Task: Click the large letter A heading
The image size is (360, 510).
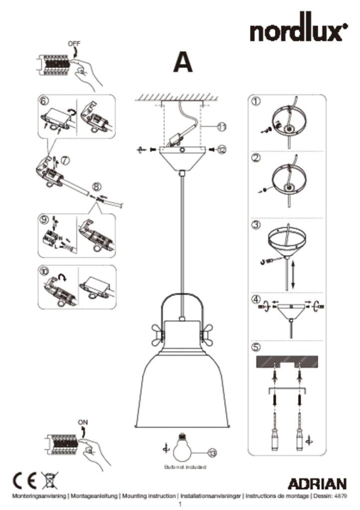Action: (x=183, y=63)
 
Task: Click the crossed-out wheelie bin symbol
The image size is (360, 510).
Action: (x=50, y=480)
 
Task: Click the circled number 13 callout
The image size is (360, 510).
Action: (x=212, y=451)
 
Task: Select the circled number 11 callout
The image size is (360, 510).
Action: (x=220, y=125)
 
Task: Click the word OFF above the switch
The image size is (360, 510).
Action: (x=74, y=45)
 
